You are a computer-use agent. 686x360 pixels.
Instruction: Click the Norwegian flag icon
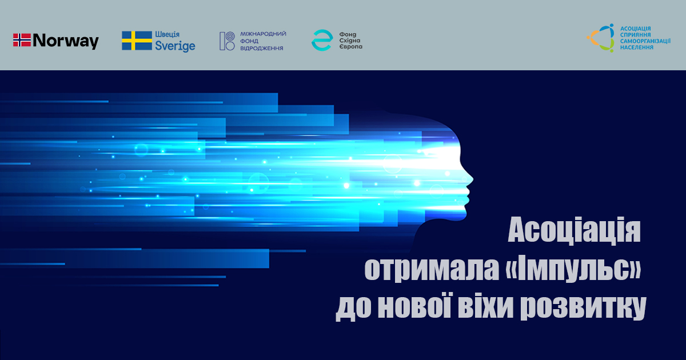coord(22,40)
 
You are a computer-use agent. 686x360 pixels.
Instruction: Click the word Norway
coord(66,41)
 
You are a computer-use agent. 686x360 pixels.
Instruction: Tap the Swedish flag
coord(137,41)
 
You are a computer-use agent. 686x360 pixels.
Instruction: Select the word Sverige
coord(175,46)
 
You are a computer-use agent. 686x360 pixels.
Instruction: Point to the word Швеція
coord(167,34)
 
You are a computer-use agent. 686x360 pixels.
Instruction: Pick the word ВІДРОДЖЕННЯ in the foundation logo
coord(262,49)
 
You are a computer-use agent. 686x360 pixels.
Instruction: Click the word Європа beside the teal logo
coord(350,47)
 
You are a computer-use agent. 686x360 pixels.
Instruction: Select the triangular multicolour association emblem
coord(601,38)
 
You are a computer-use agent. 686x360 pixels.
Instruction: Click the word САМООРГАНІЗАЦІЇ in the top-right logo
coord(645,41)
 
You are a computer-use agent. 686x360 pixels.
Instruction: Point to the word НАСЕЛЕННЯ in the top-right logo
coord(637,47)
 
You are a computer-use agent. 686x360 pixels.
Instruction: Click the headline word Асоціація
coord(574,230)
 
